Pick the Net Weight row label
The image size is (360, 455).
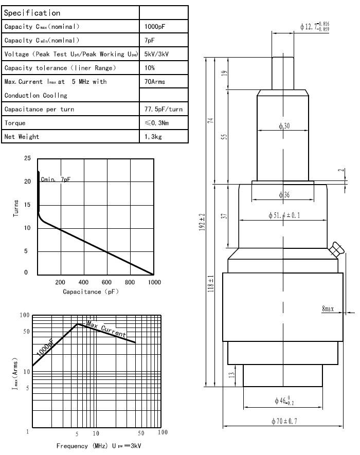pos(22,137)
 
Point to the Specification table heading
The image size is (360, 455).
pos(32,12)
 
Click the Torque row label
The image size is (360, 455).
pos(15,123)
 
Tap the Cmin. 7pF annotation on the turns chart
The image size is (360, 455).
pos(55,179)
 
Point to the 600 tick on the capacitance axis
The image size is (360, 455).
pos(106,282)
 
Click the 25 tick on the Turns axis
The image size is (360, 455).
pos(27,158)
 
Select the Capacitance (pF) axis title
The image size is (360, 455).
pos(91,292)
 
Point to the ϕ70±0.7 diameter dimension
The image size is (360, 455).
pos(285,421)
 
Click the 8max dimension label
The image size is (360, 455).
pos(328,309)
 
